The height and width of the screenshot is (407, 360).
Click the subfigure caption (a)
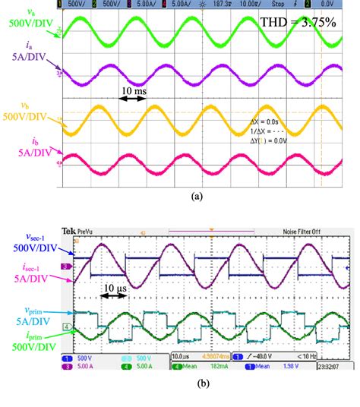197,196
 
